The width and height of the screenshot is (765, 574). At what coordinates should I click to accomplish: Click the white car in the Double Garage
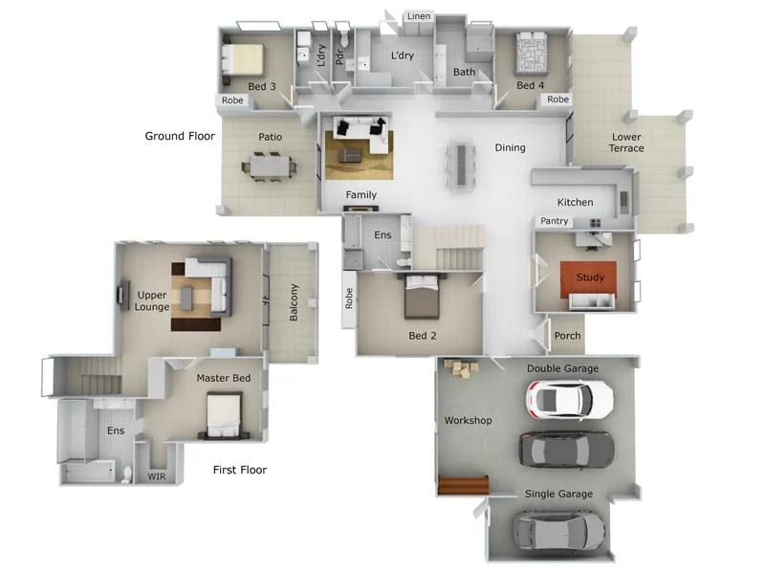coord(571,398)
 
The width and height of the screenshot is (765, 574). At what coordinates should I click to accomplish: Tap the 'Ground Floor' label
coord(180,136)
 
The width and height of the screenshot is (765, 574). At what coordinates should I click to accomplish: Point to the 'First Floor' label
coord(239,470)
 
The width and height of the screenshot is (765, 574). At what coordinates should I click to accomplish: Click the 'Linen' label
coord(418,16)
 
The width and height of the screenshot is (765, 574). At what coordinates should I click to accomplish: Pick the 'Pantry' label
coord(555,221)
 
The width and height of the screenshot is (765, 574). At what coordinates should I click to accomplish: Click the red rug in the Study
coord(589,278)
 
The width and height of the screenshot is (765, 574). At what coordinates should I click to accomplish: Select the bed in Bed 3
coord(243,59)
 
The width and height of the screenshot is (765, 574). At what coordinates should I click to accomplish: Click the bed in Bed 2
coord(422,298)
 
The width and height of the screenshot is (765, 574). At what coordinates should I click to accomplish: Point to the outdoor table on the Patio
coord(269,166)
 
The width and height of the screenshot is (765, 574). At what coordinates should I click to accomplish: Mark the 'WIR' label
coord(156,475)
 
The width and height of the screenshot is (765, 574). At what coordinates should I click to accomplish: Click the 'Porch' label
coord(567,336)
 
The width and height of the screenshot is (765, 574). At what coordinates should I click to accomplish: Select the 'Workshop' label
coord(468,421)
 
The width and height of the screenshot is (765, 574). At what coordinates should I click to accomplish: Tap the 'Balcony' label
coord(294,302)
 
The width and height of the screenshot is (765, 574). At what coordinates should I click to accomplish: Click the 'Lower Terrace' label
coord(626,143)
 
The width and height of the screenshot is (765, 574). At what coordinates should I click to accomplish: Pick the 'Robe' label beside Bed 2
coord(349,298)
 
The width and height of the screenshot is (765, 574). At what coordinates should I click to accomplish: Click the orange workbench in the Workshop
coord(463,485)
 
